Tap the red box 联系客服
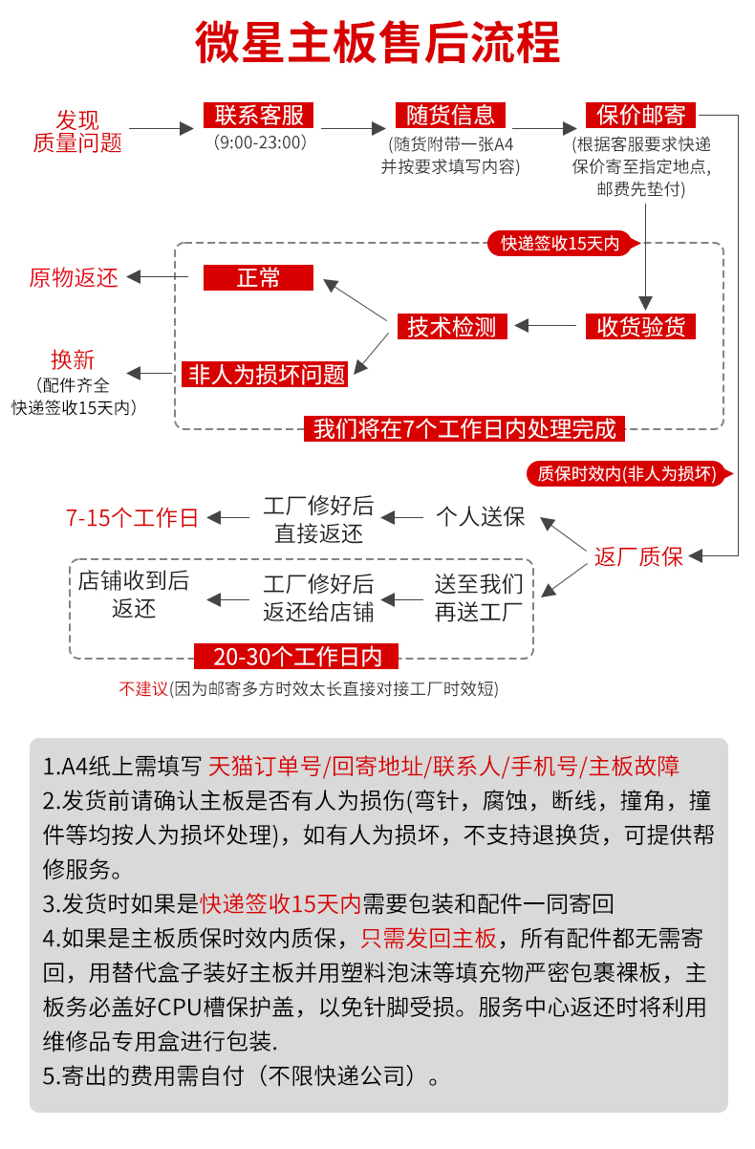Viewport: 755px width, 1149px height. pos(259,116)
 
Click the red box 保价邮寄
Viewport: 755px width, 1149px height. pos(641,116)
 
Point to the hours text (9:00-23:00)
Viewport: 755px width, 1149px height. pos(259,142)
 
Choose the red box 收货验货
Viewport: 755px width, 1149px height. pos(641,326)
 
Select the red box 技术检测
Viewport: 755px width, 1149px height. pos(452,326)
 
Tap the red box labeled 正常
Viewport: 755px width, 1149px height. pos(258,278)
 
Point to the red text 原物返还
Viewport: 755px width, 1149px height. pos(74,277)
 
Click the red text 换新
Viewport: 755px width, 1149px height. pos(73,359)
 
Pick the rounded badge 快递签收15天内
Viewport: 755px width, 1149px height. pos(560,244)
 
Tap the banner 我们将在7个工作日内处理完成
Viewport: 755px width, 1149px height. pos(464,428)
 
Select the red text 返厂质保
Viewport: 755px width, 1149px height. pos(638,556)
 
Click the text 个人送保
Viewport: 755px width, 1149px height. pos(480,517)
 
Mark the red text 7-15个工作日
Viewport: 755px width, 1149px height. pos(132,518)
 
